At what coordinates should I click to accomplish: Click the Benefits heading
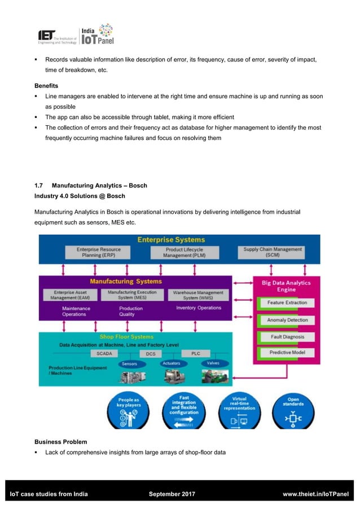click(48, 85)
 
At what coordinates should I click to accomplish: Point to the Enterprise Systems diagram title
click(172, 240)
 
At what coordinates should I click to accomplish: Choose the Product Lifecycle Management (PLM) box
click(185, 252)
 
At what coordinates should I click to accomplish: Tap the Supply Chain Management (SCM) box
click(273, 252)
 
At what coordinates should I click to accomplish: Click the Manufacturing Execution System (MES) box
click(132, 295)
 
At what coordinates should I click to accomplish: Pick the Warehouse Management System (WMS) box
click(198, 295)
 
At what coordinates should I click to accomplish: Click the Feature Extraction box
click(287, 302)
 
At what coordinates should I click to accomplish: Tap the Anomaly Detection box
click(287, 320)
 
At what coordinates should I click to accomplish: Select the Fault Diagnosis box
click(287, 336)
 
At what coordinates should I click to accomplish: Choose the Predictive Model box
click(287, 353)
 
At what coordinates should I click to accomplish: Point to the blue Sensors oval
click(129, 364)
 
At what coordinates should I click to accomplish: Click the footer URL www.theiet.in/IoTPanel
click(315, 494)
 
